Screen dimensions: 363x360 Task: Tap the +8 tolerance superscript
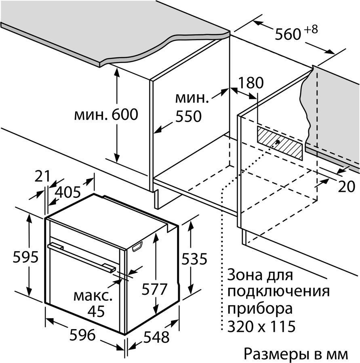309,29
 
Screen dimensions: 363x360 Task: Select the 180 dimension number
251,83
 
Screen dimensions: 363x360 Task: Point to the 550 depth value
188,117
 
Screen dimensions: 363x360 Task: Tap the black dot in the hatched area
278,142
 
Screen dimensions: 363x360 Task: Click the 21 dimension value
42,176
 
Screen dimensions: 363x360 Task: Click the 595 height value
14,257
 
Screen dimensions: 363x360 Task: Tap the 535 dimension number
194,258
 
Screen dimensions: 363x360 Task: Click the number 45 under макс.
95,311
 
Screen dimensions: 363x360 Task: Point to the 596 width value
82,335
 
